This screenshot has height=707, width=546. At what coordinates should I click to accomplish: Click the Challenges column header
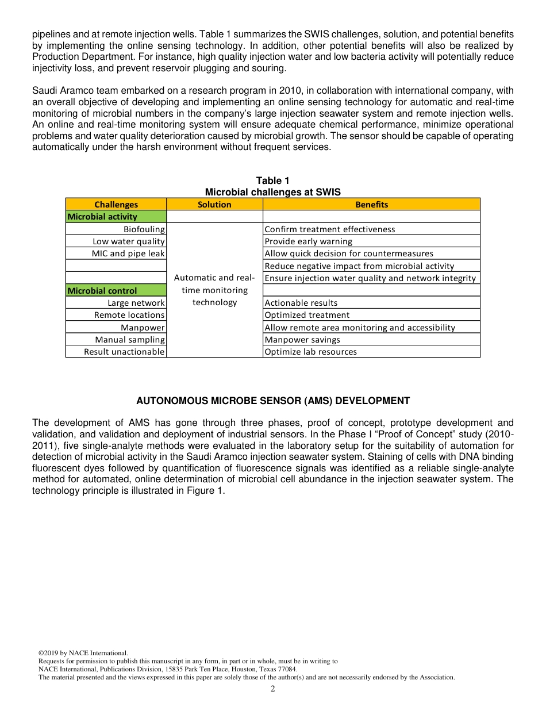(x=116, y=205)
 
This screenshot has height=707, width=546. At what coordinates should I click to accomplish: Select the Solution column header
(x=214, y=205)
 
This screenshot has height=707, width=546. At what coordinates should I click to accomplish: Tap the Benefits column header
(x=371, y=205)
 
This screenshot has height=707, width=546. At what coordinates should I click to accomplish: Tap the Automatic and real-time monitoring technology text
(x=214, y=290)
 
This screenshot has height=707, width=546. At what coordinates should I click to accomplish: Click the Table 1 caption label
(x=273, y=181)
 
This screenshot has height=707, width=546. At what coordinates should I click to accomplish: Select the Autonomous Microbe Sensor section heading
(x=273, y=401)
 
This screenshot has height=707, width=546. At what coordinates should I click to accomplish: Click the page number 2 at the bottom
(x=273, y=689)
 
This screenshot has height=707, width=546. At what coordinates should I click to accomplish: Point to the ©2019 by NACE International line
(x=83, y=653)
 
